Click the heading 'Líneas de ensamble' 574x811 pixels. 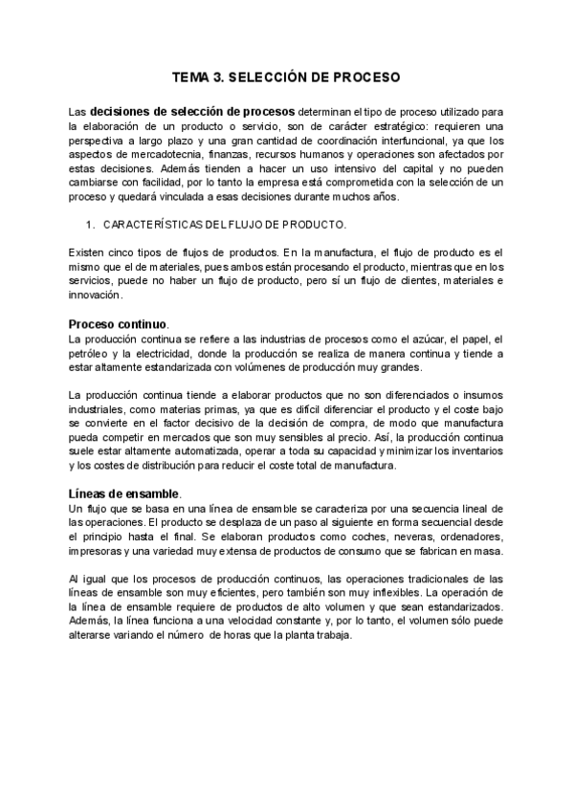[x=123, y=493]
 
